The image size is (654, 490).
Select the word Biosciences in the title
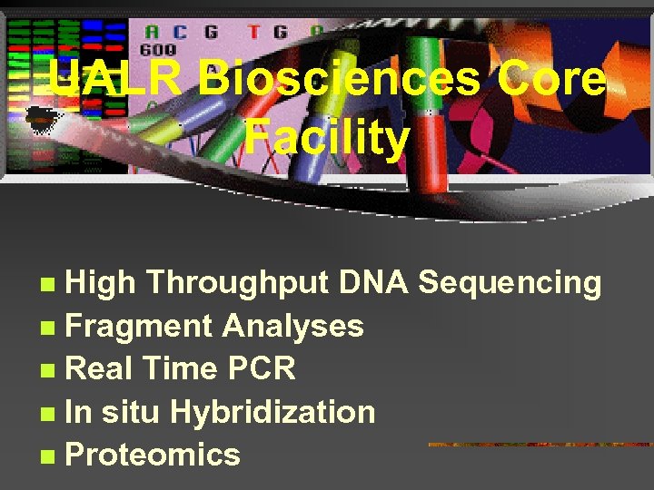coord(341,80)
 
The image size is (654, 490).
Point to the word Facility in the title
coord(327,139)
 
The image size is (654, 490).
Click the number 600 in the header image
coord(157,50)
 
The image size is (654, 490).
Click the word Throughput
coord(238,284)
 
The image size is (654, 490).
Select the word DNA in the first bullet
coord(373,283)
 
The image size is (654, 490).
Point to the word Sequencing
coord(510,284)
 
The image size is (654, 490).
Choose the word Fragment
coord(138,327)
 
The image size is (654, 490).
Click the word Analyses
coord(292,327)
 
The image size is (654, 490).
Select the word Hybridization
coord(272,412)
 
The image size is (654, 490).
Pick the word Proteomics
coord(153,455)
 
